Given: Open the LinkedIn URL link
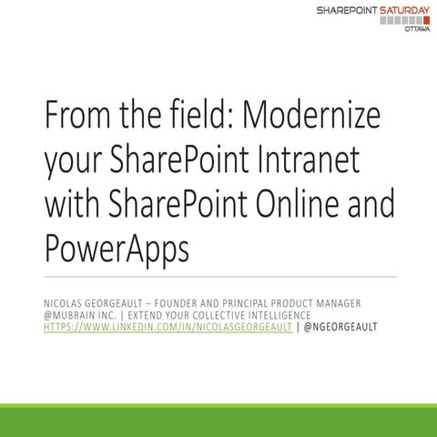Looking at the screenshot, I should click(x=168, y=328).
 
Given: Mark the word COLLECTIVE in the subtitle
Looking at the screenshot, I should click(x=213, y=315).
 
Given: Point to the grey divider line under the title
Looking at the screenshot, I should click(x=218, y=276).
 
